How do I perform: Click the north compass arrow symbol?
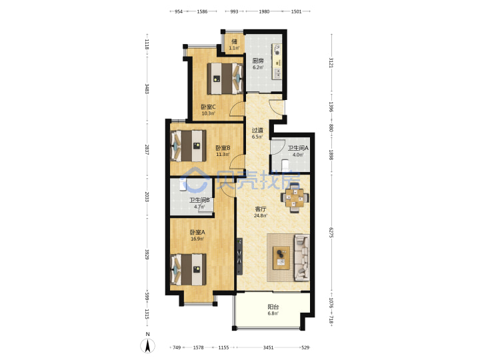(147, 346)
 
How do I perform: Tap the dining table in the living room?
(295, 197)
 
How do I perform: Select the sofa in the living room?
(302, 258)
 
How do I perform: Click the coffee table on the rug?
(281, 258)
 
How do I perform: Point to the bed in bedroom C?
(225, 79)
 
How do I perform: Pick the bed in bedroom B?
(188, 146)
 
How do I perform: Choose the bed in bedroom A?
(188, 269)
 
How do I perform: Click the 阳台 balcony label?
(273, 307)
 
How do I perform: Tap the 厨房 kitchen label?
(258, 61)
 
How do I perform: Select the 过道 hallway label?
(257, 131)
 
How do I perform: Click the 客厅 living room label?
(261, 209)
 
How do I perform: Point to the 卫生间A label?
(298, 148)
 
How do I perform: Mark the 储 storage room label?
(234, 41)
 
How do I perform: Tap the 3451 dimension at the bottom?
(269, 347)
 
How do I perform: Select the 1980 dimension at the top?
(264, 11)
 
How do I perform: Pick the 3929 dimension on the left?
(147, 255)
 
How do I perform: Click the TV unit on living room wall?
(239, 256)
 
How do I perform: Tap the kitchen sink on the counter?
(278, 73)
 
